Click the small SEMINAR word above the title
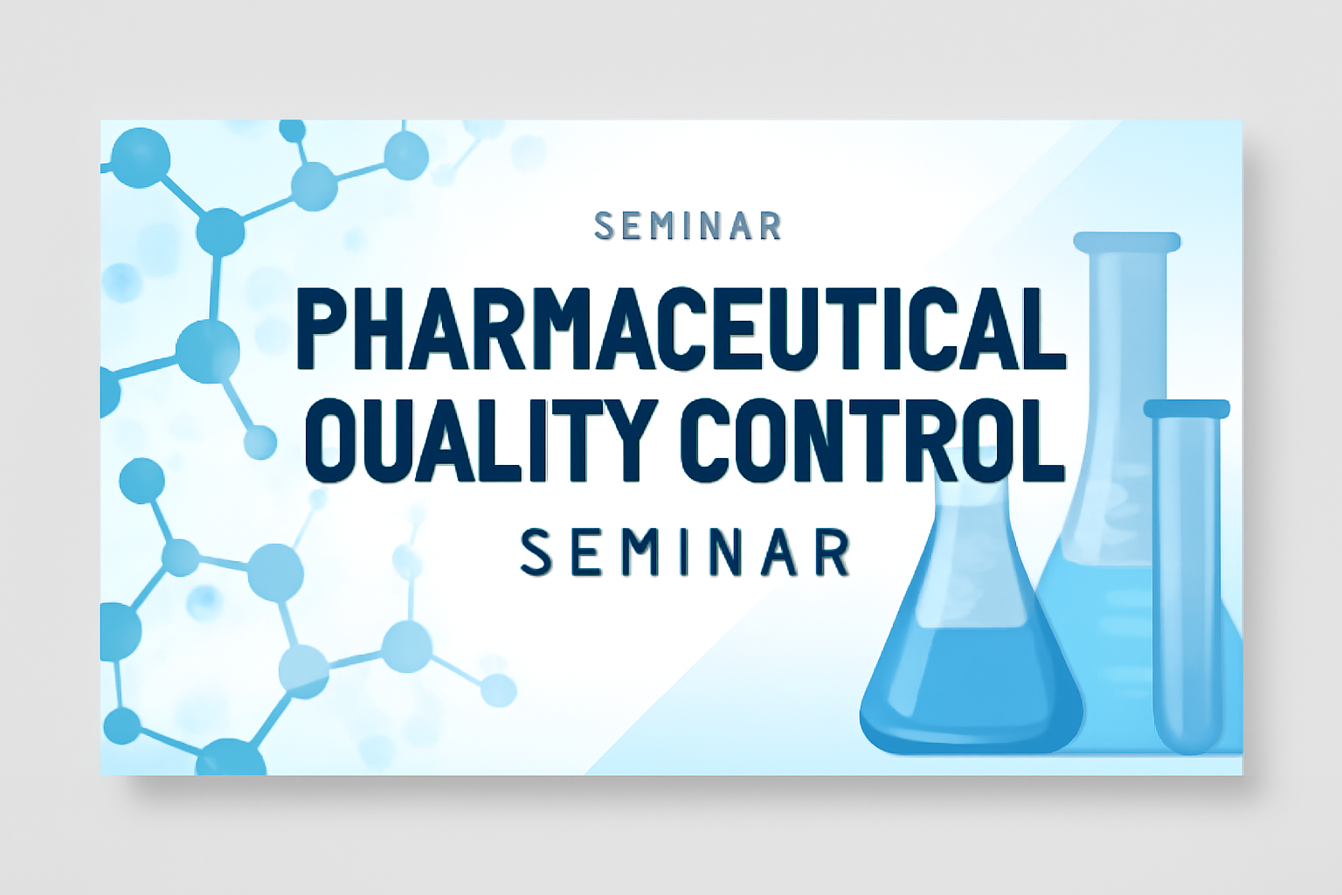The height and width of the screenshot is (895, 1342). (x=688, y=226)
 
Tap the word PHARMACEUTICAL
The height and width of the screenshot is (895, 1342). (x=681, y=330)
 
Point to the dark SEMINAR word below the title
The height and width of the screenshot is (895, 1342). (x=685, y=552)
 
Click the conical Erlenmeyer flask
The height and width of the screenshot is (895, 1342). (x=971, y=617)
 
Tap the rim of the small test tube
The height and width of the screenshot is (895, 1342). (x=1186, y=409)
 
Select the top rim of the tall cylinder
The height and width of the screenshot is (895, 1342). (x=1127, y=241)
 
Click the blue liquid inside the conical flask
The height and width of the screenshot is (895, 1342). (x=971, y=690)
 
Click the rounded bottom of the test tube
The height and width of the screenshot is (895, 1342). (x=1186, y=734)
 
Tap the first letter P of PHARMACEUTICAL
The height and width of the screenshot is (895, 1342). (x=323, y=330)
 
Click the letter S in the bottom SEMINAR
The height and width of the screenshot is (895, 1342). (x=536, y=552)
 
